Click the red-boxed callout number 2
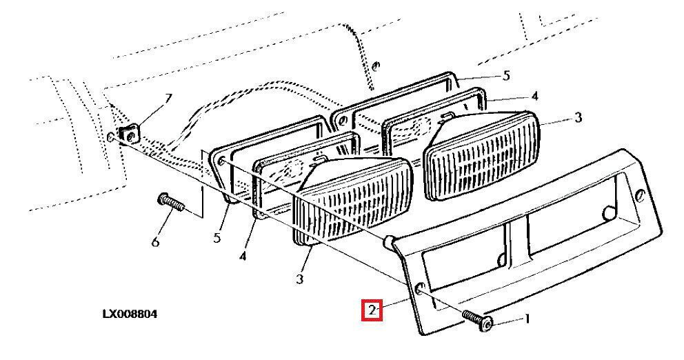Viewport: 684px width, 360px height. tap(372, 311)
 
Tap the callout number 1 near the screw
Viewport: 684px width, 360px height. tap(527, 319)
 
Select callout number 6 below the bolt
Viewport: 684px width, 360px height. tap(155, 241)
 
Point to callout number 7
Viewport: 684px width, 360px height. tap(168, 99)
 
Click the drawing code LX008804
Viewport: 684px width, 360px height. tap(130, 314)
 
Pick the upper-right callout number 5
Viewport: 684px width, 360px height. tap(505, 76)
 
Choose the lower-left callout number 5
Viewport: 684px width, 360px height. tap(217, 238)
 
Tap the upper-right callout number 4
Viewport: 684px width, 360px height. tap(534, 96)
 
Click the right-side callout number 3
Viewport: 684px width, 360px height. tap(578, 117)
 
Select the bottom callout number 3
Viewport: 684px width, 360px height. tap(299, 279)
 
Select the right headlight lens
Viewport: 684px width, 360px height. tap(482, 155)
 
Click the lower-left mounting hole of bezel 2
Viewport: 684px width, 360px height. tap(420, 289)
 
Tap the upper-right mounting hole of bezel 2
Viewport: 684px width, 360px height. tap(641, 195)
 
